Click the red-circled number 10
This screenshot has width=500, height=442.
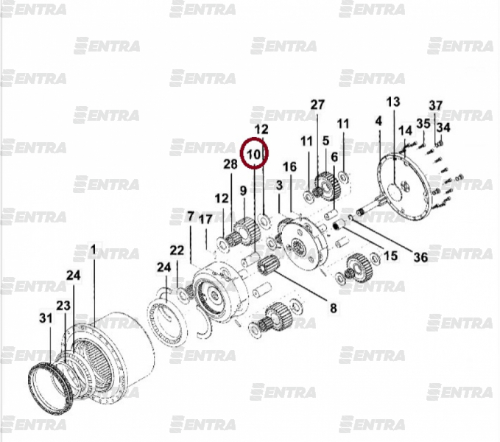254,155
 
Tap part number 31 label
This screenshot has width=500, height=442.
46,318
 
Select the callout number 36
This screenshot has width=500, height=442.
420,257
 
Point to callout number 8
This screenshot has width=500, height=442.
334,308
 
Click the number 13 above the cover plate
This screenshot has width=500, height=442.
393,102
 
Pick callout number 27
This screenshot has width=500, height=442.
317,105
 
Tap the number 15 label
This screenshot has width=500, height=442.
390,256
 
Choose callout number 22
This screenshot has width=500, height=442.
177,250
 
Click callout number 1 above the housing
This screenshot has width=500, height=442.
93,249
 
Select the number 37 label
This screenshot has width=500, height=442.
436,105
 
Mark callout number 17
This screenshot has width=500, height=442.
205,219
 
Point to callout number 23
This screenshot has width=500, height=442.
63,306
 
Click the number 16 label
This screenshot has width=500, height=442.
290,166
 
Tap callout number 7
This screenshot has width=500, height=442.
191,217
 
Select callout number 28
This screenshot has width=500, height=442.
230,164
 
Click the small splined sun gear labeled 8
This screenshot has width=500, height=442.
269,267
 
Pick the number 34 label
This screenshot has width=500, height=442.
443,127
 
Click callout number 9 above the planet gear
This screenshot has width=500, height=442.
243,191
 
